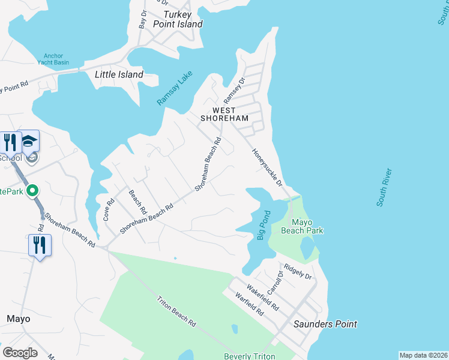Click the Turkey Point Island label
pos(178,19)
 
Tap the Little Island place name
pos(119,75)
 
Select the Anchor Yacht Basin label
pos(53,59)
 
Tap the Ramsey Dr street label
pos(235,90)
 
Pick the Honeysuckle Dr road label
pos(267,167)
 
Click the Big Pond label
pos(262,225)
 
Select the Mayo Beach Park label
pos(299,226)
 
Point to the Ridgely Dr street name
pos(298,272)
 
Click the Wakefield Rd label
pos(262,296)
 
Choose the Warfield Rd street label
pos(249,305)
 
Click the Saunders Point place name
pos(325,324)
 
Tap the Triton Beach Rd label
pos(176,311)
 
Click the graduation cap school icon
pos(29,142)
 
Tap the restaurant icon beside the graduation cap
pos(10,142)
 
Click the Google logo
pos(20,352)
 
